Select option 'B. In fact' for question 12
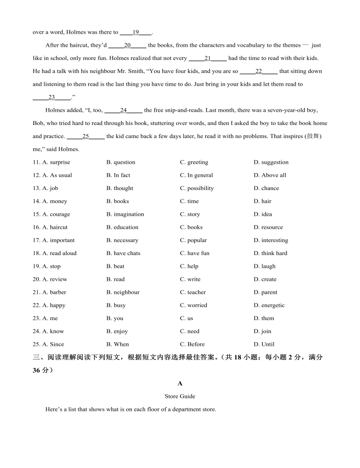pos(118,175)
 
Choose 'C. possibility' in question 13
pos(197,188)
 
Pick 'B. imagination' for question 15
pos(125,214)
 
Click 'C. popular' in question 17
pos(193,241)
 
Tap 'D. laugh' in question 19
pos(265,266)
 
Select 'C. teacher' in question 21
pos(192,292)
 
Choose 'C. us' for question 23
pos(187,318)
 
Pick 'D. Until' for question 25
pos(264,344)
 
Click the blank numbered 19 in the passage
pos(136,32)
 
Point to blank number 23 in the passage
pos(51,97)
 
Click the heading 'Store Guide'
pos(180,396)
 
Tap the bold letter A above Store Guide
pos(180,383)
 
